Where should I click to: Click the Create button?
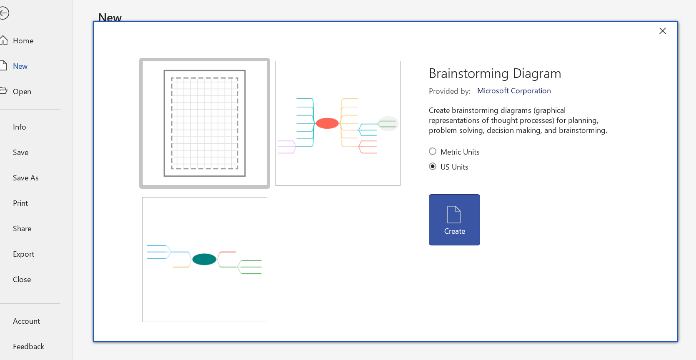(454, 220)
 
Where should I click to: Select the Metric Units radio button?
(433, 152)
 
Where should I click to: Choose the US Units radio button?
(433, 167)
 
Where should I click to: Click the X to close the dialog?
(663, 31)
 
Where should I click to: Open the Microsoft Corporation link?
(514, 91)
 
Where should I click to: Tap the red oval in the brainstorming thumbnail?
(327, 123)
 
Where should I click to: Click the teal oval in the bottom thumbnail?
(204, 259)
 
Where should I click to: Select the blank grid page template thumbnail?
(205, 123)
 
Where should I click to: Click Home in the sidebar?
(23, 41)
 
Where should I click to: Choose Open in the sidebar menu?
(22, 92)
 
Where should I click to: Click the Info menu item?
(19, 127)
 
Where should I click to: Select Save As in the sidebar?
(25, 178)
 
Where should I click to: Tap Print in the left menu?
(20, 203)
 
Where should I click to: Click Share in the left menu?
(22, 229)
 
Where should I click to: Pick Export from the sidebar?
(23, 254)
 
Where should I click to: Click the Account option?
(26, 321)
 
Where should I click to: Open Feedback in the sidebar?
(28, 347)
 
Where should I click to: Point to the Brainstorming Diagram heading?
(495, 73)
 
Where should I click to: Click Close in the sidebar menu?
(22, 280)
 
